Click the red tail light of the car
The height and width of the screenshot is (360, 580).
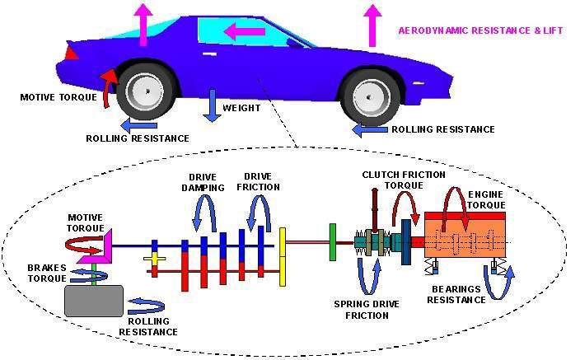[x=72, y=53]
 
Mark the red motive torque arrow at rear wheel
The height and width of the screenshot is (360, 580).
[x=108, y=82]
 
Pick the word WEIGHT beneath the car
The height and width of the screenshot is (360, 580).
[x=241, y=108]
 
